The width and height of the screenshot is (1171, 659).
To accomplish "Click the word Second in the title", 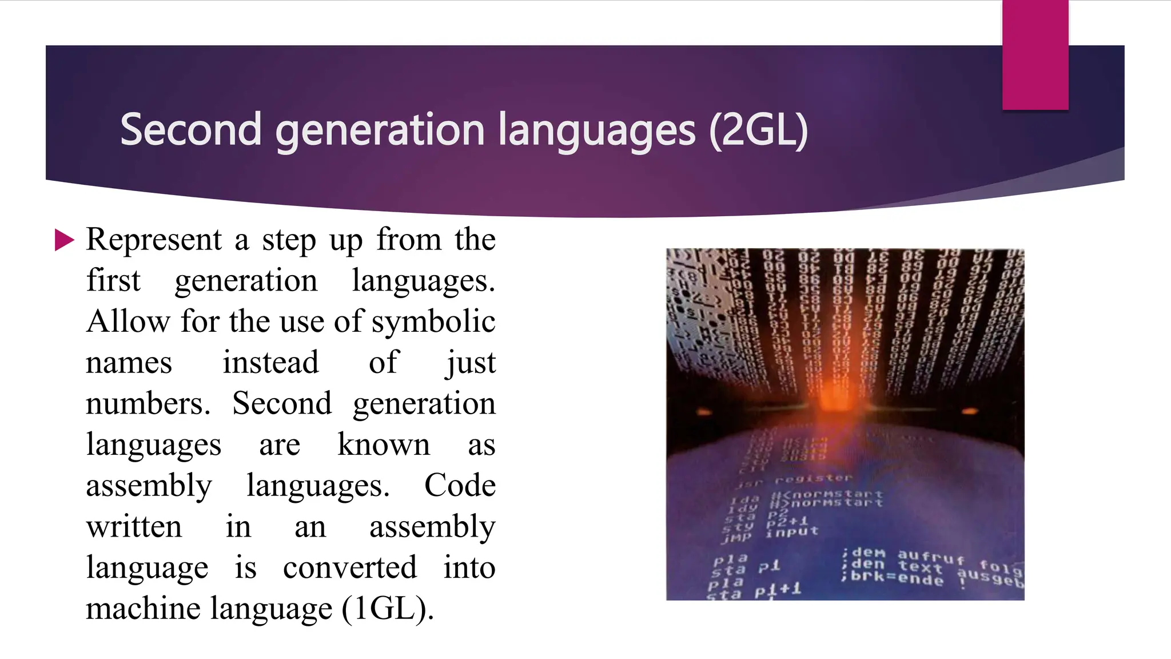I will click(x=191, y=130).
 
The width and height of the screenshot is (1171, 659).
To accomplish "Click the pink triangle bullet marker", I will click(x=64, y=240).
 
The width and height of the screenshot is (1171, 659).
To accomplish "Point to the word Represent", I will click(x=154, y=240).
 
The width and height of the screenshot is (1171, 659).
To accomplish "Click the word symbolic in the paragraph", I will click(x=433, y=322).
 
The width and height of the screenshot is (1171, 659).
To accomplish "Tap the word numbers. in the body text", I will click(x=148, y=404).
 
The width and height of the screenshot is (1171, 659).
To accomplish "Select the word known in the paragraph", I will click(x=383, y=445).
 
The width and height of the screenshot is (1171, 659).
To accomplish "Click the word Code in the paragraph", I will click(x=460, y=486).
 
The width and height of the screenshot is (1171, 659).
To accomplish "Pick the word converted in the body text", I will click(x=349, y=568).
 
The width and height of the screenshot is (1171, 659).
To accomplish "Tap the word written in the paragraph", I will click(x=134, y=527).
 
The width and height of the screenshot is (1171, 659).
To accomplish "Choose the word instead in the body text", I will click(x=270, y=363).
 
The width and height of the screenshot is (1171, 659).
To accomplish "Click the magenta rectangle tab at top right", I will click(x=1035, y=54).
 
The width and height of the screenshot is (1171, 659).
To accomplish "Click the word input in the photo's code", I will click(x=792, y=531).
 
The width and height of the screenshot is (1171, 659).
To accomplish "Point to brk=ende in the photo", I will click(x=897, y=578).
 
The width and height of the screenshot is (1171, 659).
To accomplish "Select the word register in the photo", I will click(x=813, y=478).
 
